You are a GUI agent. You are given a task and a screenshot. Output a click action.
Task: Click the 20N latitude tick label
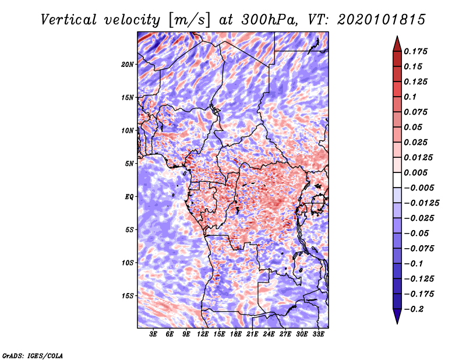pyautogui.click(x=128, y=65)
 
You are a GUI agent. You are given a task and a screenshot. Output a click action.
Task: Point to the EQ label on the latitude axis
pyautogui.click(x=129, y=197)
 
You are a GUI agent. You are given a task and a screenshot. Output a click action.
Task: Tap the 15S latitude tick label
pyautogui.click(x=128, y=296)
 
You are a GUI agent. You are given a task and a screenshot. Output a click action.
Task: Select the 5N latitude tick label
pyautogui.click(x=129, y=164)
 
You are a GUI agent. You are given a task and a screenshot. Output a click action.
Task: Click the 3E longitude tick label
pyautogui.click(x=153, y=334)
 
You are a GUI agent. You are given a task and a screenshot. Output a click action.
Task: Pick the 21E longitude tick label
pyautogui.click(x=252, y=334)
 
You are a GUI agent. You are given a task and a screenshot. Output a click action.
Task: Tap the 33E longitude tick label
pyautogui.click(x=318, y=334)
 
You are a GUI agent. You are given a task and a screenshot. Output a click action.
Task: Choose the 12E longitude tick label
pyautogui.click(x=203, y=334)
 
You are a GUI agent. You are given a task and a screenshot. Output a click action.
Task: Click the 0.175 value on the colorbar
pyautogui.click(x=415, y=51)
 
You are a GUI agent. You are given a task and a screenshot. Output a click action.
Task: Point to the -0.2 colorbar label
pyautogui.click(x=414, y=309)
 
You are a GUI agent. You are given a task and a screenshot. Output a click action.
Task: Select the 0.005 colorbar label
pyautogui.click(x=415, y=172)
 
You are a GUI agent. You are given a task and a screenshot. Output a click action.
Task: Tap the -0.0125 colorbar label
pyautogui.click(x=421, y=203)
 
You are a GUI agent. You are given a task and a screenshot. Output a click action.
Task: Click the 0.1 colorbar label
pyautogui.click(x=410, y=97)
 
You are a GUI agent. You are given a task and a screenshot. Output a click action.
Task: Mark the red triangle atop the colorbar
pyautogui.click(x=397, y=44)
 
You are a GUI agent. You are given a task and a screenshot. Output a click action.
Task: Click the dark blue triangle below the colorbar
pyautogui.click(x=397, y=316)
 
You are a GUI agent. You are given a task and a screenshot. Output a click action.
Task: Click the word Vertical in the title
pyautogui.click(x=69, y=20)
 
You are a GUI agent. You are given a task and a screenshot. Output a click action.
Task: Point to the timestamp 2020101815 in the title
pyautogui.click(x=382, y=20)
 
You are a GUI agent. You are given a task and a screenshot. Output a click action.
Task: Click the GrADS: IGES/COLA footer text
pyautogui.click(x=33, y=356)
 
